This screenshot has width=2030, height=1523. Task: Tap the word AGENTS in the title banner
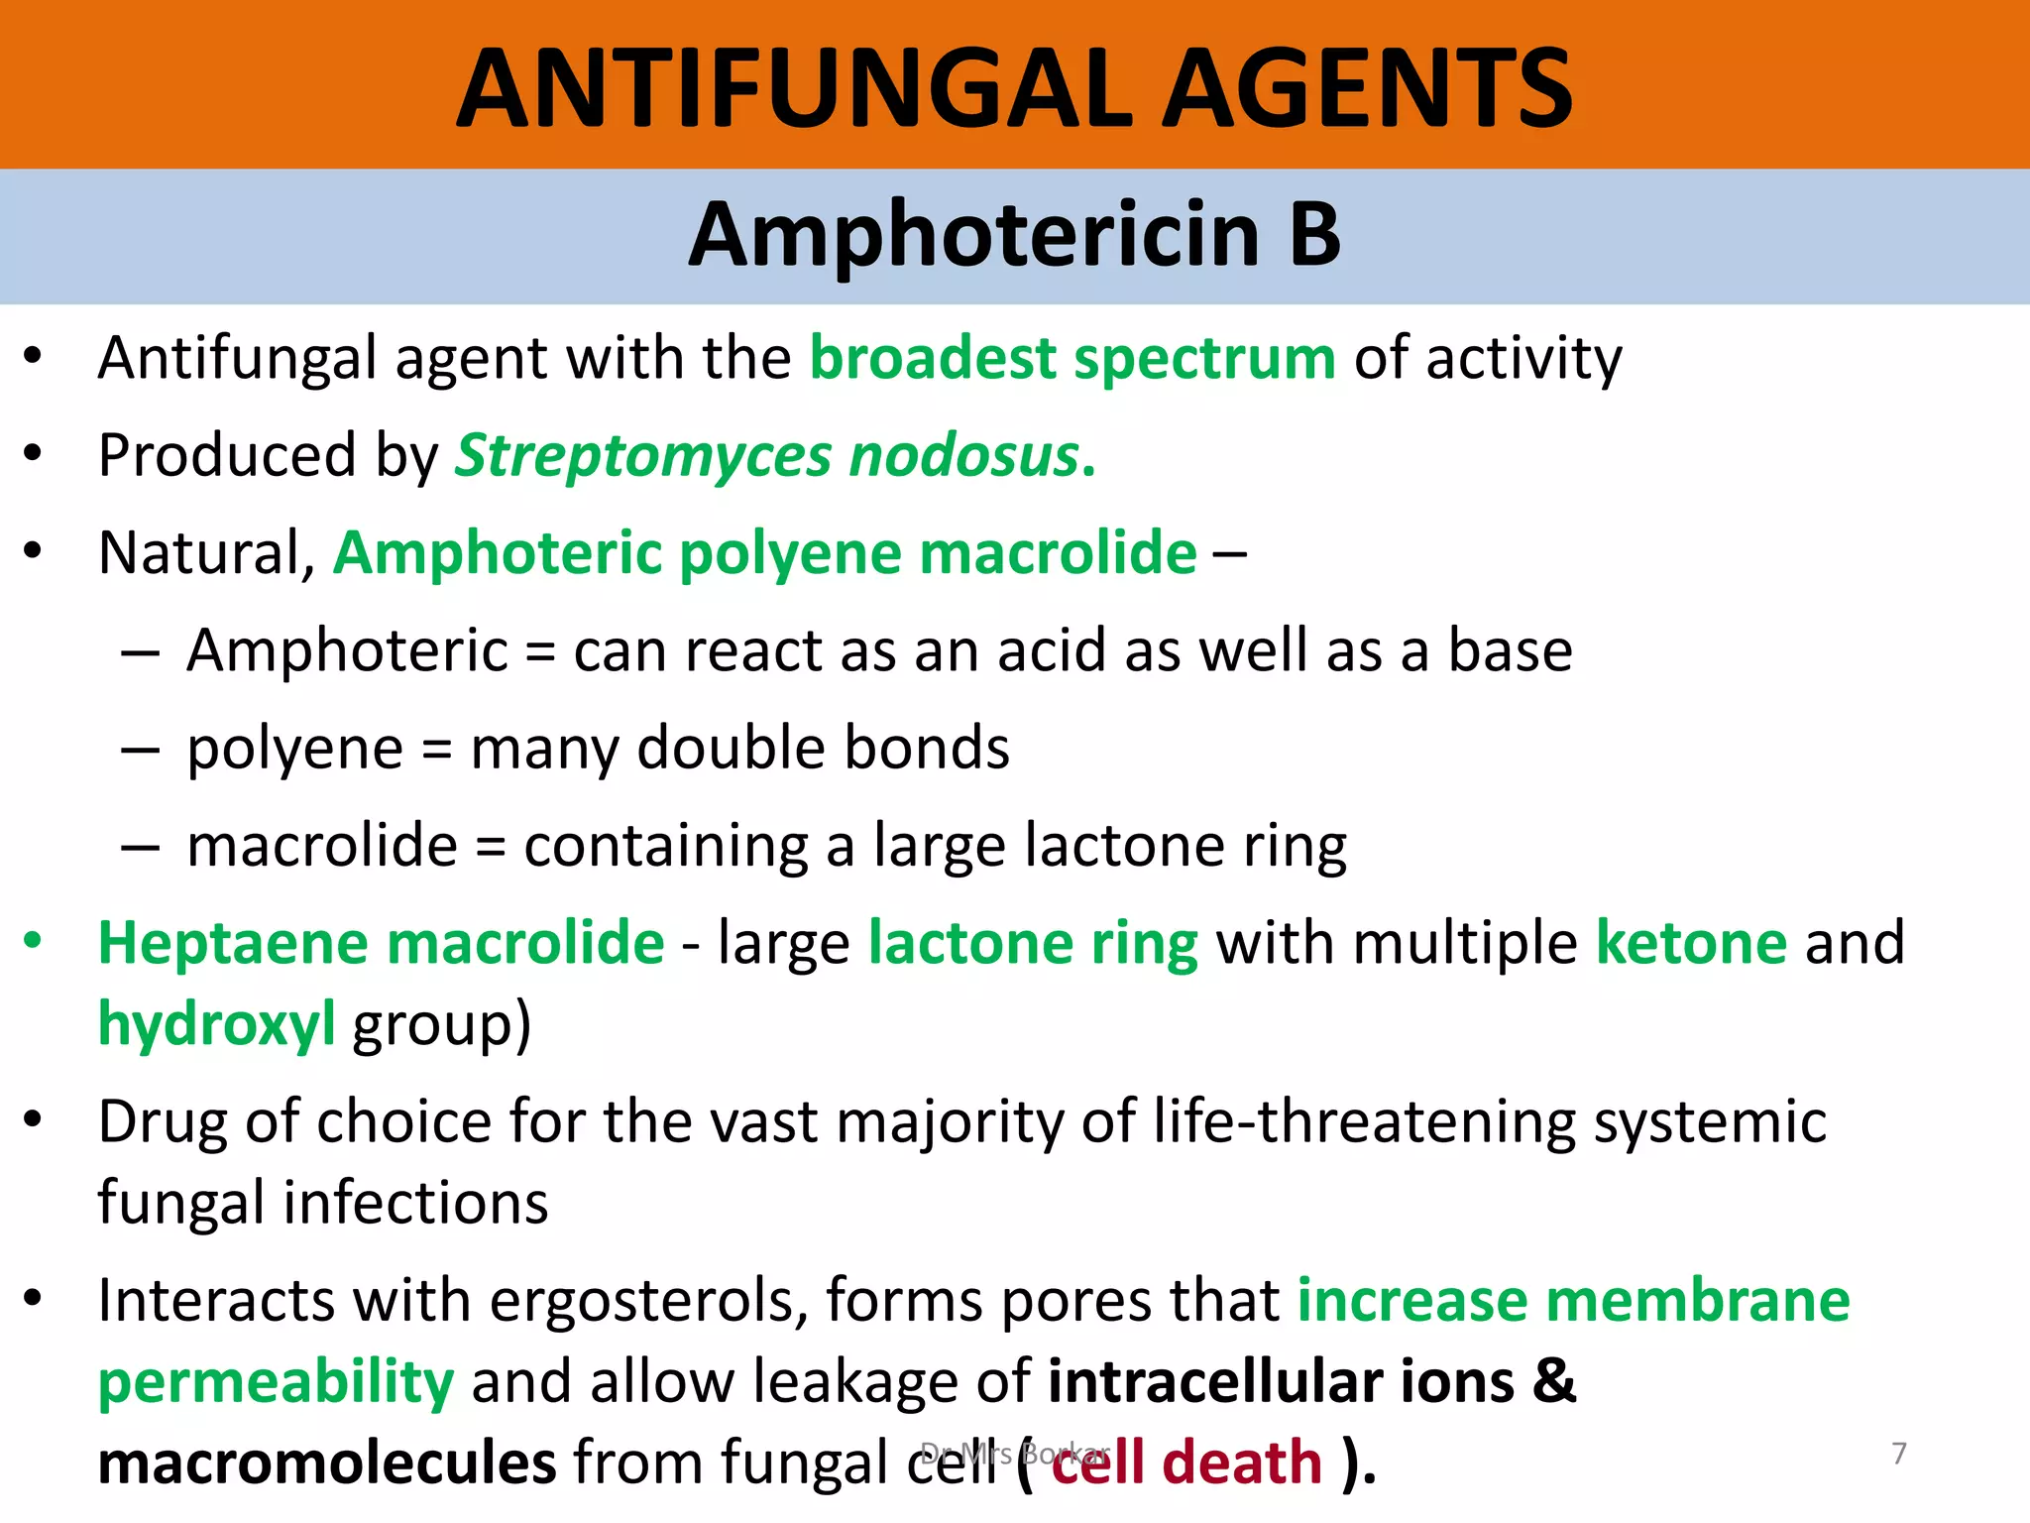[x=1368, y=89]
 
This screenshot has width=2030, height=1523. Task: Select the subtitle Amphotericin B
[x=1015, y=235]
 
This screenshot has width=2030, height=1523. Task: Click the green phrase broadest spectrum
[x=1073, y=358]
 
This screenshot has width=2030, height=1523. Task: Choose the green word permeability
[x=276, y=1381]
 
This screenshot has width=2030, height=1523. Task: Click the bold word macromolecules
[x=327, y=1463]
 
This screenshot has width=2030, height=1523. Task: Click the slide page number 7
[x=1898, y=1454]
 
